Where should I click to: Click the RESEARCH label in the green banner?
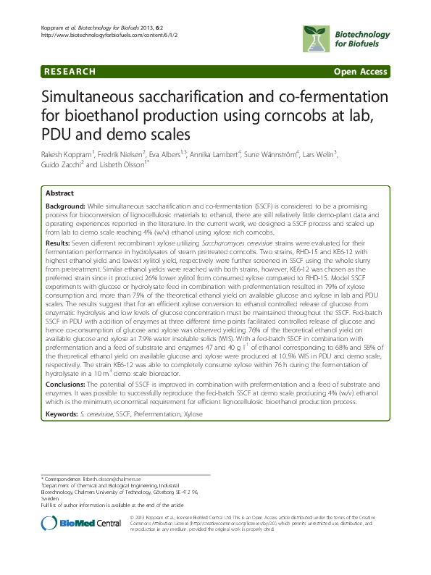pos(69,72)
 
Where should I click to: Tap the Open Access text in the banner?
pos(360,72)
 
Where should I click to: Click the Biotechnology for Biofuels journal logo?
pos(342,36)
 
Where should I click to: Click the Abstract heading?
pos(59,194)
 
